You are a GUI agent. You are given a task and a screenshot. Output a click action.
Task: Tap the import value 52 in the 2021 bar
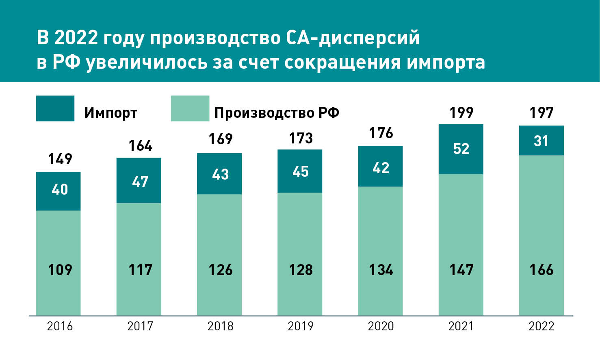pyautogui.click(x=461, y=149)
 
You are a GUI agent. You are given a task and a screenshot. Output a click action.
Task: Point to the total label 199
pyautogui.click(x=461, y=113)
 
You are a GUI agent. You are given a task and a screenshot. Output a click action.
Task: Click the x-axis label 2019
pyautogui.click(x=300, y=326)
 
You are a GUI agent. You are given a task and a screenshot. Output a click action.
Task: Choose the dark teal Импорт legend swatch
pyautogui.click(x=55, y=108)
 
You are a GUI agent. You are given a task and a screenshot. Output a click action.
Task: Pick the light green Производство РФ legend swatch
pyautogui.click(x=190, y=108)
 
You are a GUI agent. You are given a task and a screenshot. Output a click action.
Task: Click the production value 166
pyautogui.click(x=541, y=270)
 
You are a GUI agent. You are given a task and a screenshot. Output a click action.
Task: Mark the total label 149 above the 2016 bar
pyautogui.click(x=60, y=159)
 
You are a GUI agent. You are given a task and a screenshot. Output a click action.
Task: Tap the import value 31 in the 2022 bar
pyautogui.click(x=541, y=141)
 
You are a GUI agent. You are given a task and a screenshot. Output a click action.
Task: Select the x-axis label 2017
pyautogui.click(x=140, y=326)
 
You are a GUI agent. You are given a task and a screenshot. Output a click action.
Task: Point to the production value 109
pyautogui.click(x=60, y=270)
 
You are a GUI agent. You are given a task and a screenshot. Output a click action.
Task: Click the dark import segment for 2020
pyautogui.click(x=380, y=179)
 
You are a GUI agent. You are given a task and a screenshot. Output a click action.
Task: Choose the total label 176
pyautogui.click(x=381, y=133)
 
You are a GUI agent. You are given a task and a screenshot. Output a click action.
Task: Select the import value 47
pyautogui.click(x=140, y=182)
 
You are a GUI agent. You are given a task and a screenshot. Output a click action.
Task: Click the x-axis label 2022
pyautogui.click(x=541, y=326)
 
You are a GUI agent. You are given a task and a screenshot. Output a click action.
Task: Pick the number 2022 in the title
pyautogui.click(x=76, y=38)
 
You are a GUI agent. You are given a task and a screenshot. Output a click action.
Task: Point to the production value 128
pyautogui.click(x=301, y=270)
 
